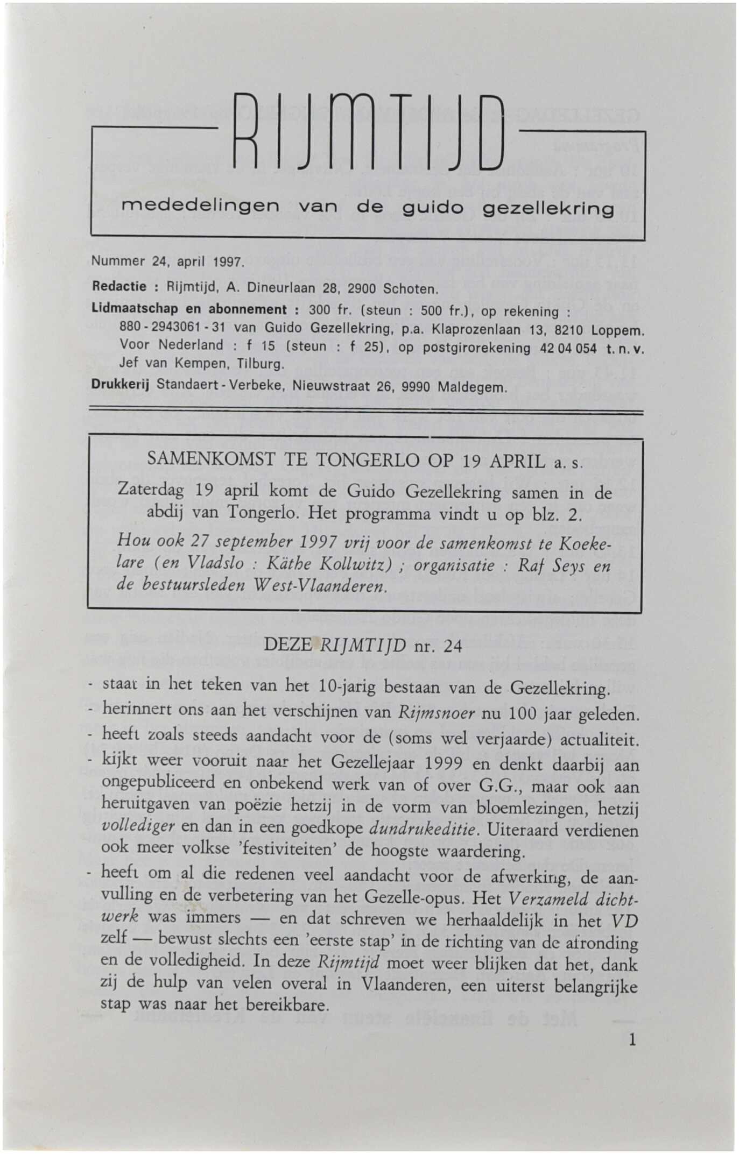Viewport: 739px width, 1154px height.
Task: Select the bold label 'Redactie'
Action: coord(119,287)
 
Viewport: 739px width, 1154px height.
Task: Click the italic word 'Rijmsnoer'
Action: coord(437,713)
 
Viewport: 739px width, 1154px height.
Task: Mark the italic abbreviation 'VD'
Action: coord(624,921)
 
